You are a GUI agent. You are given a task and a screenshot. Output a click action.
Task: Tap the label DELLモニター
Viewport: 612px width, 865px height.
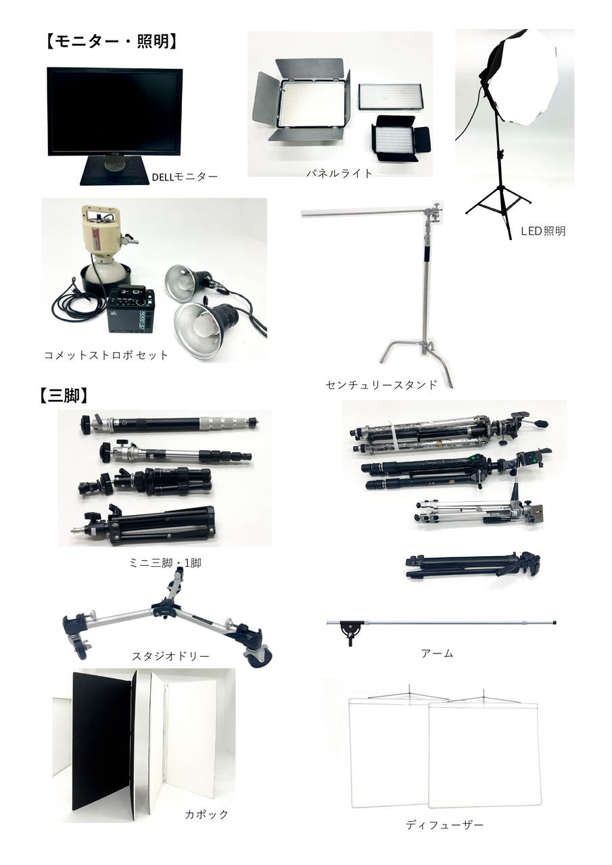pyautogui.click(x=185, y=177)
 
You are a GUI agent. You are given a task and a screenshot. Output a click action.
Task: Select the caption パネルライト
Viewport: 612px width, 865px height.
pyautogui.click(x=339, y=173)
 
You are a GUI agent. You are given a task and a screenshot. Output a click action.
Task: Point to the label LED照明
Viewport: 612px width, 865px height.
pyautogui.click(x=543, y=231)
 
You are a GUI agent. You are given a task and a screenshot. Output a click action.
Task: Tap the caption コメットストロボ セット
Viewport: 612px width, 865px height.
pyautogui.click(x=106, y=355)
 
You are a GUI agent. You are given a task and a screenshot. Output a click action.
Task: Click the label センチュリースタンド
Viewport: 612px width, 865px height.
pyautogui.click(x=381, y=385)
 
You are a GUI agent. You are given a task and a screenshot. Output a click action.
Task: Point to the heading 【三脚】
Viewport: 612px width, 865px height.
pyautogui.click(x=64, y=396)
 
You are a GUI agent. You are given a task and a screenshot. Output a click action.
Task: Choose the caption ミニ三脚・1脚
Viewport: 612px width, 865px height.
pyautogui.click(x=165, y=563)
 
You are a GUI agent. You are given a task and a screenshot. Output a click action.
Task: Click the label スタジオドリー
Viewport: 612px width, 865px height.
pyautogui.click(x=170, y=656)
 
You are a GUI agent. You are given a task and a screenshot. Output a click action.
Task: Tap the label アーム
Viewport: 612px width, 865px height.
pyautogui.click(x=437, y=653)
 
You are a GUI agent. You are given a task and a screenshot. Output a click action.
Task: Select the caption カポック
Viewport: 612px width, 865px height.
pyautogui.click(x=207, y=814)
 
